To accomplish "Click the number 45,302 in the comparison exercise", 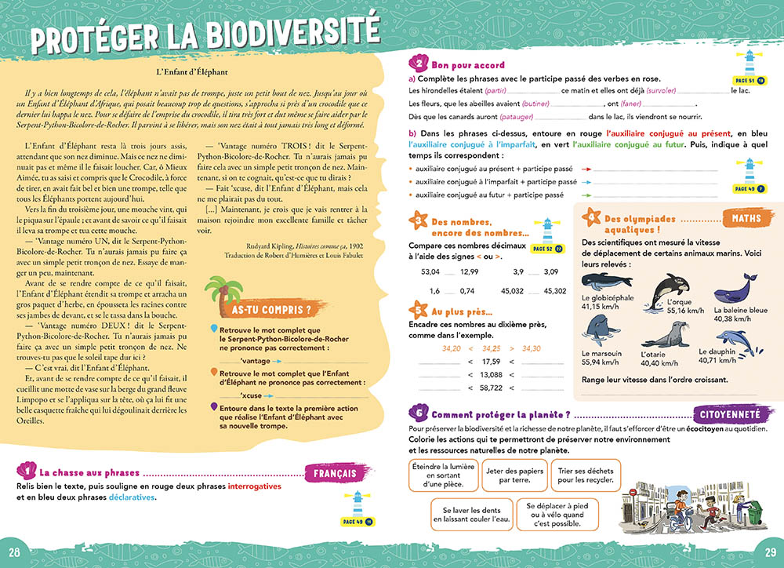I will pyautogui.click(x=554, y=291).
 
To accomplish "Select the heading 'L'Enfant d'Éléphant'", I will pyautogui.click(x=191, y=72).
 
